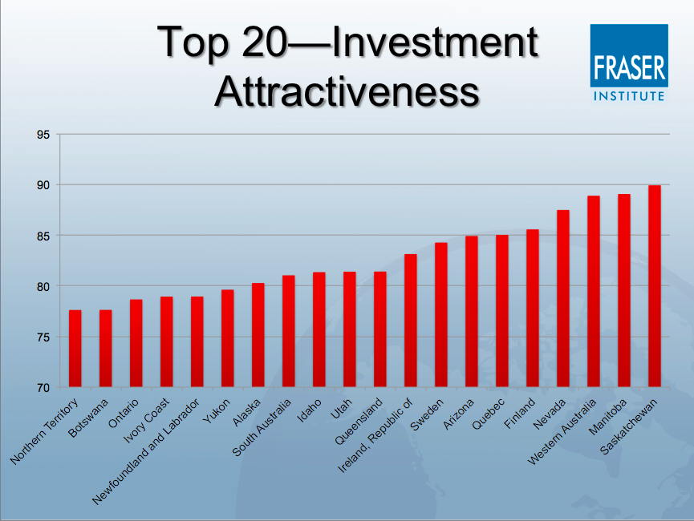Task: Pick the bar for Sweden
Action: point(440,315)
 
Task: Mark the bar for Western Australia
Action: point(594,292)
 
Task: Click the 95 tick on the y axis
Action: point(43,135)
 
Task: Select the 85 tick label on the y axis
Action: point(43,236)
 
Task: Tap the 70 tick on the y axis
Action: point(43,388)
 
